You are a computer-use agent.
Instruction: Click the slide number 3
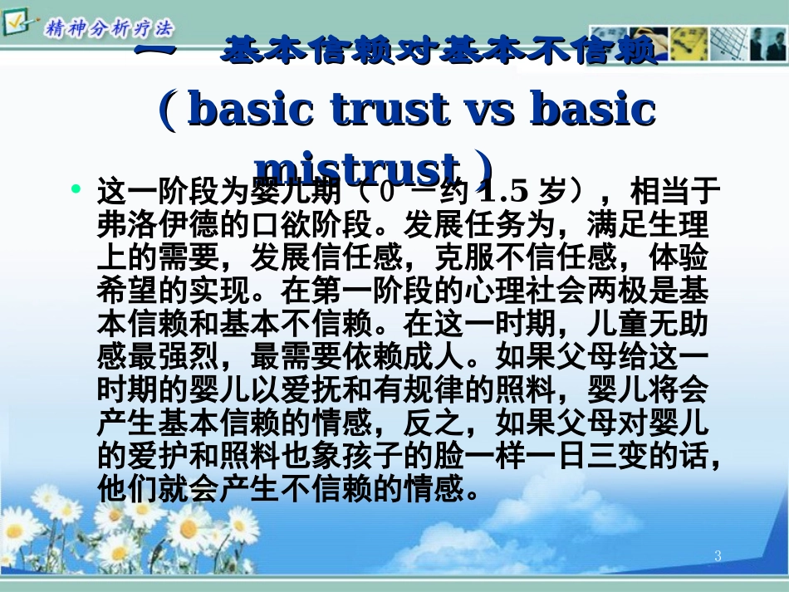pos(718,556)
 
